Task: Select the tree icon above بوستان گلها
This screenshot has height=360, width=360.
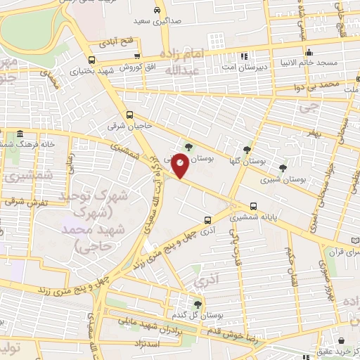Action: (x=246, y=150)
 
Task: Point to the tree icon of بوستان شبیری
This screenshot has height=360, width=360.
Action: (x=283, y=167)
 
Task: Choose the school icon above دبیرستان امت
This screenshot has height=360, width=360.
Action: (x=244, y=56)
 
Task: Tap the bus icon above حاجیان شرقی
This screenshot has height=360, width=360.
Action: (x=129, y=115)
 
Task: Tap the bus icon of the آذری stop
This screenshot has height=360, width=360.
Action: (x=207, y=219)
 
